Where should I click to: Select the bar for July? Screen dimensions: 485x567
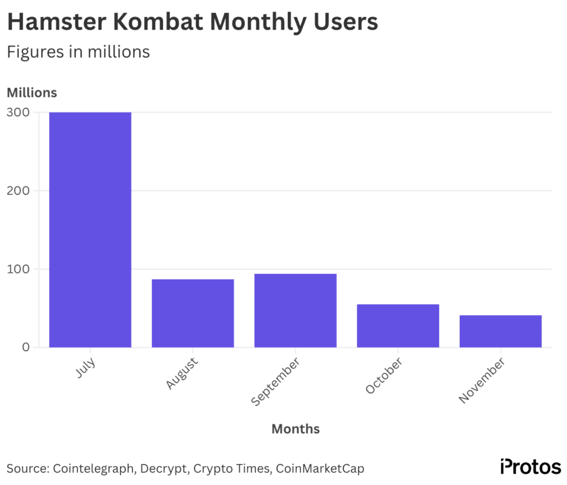coord(90,230)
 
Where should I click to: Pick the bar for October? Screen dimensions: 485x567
coord(397,326)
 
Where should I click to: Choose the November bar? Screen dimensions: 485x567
coord(500,331)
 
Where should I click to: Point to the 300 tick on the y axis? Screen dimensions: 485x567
coord(18,112)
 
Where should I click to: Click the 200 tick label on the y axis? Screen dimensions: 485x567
coord(18,190)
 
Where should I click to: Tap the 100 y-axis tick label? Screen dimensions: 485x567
coord(18,269)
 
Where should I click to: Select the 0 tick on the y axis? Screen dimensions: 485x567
coord(26,347)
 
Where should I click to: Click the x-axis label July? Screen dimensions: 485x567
coord(87,368)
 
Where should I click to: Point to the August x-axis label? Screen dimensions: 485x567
coord(182,373)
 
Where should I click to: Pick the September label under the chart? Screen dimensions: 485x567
coord(275,382)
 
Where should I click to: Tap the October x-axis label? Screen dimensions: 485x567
coord(383,376)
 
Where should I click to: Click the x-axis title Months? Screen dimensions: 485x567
coord(295,429)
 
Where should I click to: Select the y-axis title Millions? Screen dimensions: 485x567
coord(31,93)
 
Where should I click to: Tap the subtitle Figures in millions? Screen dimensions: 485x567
coord(78,52)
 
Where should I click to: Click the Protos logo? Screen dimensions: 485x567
coord(531,467)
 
